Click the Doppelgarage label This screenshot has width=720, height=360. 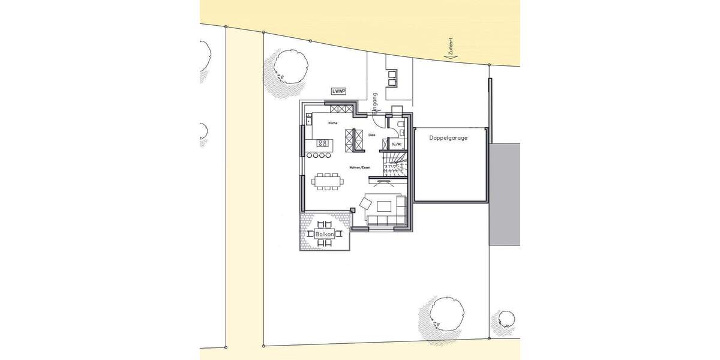click(448, 138)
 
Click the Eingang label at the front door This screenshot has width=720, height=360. click(374, 104)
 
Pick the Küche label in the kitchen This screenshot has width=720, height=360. click(332, 123)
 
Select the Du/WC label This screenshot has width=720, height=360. click(396, 144)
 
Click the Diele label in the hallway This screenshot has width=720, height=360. click(372, 135)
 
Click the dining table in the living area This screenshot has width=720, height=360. click(327, 180)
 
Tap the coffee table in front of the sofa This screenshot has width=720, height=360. click(384, 207)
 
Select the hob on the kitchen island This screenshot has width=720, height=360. click(322, 143)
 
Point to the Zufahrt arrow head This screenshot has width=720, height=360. click(446, 55)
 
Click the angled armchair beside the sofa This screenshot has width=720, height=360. click(365, 203)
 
